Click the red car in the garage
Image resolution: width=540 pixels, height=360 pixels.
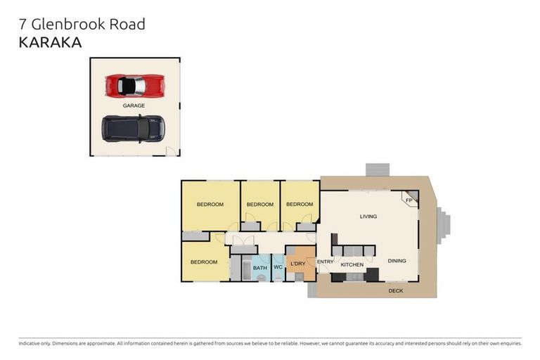[x=135, y=86]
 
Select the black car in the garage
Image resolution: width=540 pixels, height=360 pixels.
[x=133, y=128]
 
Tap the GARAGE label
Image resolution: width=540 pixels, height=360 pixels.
[x=134, y=105]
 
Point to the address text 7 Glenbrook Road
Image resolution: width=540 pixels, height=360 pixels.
[x=81, y=24]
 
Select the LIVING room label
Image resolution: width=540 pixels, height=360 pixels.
[x=368, y=217]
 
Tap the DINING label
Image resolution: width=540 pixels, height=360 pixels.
[x=397, y=261]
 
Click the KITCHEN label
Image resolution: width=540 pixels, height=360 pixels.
[x=352, y=265]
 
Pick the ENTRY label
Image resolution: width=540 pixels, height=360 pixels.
[x=326, y=262]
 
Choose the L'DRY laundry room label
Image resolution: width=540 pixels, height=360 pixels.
[x=298, y=264]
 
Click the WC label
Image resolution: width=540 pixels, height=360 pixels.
[x=278, y=268]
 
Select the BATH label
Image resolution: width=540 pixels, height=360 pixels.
[x=260, y=268]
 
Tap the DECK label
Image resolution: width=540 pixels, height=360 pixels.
[x=396, y=290]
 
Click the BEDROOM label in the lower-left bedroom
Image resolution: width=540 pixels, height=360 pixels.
[x=204, y=262]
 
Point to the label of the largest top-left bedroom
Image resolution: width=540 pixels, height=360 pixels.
[x=210, y=205]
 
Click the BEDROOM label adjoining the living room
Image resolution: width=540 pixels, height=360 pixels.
[x=300, y=205]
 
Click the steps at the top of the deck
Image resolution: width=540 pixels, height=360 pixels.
[x=377, y=169]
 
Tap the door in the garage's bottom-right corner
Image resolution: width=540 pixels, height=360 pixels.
[x=170, y=151]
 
